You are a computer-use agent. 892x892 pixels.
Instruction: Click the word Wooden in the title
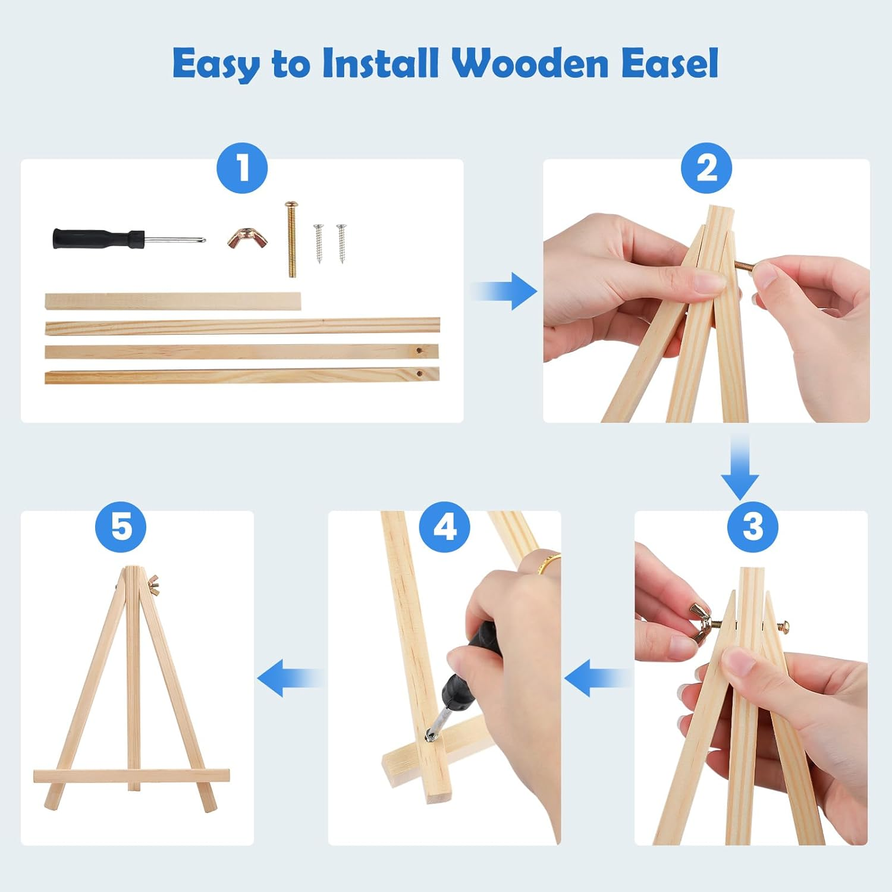point(530,63)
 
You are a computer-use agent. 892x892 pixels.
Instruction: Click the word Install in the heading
point(381,63)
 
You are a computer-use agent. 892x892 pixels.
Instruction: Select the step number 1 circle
point(243,168)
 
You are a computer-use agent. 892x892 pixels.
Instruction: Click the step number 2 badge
point(706,168)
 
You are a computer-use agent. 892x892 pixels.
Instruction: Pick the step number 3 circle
point(753,526)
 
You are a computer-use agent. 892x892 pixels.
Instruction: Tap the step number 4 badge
point(445,526)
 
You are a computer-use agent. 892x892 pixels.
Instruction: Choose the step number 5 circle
point(121,526)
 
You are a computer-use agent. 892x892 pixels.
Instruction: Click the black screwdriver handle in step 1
point(98,239)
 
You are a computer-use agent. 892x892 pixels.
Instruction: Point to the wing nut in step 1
point(247,238)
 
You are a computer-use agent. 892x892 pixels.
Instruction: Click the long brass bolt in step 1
point(291,239)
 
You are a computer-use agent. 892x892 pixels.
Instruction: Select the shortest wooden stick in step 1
point(173,301)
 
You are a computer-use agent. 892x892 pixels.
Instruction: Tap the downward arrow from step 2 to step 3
point(740,467)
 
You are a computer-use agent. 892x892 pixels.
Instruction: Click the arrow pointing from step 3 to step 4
point(598,678)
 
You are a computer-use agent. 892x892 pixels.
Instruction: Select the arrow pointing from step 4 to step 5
point(291,678)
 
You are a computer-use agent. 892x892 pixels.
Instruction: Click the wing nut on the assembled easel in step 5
point(153,585)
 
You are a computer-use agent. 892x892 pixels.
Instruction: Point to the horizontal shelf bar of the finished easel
point(131,776)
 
